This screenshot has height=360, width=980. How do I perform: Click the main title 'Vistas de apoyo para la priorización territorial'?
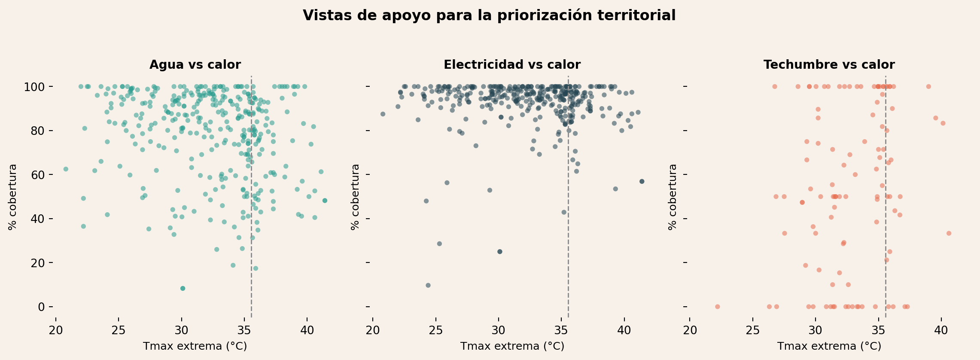tap(489, 15)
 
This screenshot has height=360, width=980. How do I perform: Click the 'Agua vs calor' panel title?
tap(195, 65)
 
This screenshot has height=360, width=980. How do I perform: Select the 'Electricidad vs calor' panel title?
tap(512, 65)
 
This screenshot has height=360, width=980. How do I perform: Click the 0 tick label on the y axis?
tap(41, 307)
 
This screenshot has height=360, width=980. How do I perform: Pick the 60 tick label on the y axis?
tap(38, 175)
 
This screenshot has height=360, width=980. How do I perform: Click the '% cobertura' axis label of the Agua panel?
tap(13, 197)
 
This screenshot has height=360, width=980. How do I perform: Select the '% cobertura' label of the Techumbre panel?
tap(673, 197)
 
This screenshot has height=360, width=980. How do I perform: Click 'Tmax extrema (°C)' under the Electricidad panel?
tap(512, 346)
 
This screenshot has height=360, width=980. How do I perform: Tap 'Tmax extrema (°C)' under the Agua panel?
tap(195, 346)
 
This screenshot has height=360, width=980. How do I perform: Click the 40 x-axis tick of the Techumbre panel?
tap(941, 332)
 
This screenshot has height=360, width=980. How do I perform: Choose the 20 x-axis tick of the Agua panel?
tap(56, 332)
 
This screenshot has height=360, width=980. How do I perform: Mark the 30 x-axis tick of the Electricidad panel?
tap(499, 332)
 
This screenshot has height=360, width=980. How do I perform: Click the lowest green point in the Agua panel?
tap(183, 288)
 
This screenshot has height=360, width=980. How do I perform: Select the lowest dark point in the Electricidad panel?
tap(428, 285)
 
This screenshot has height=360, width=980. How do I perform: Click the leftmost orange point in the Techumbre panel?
tap(717, 307)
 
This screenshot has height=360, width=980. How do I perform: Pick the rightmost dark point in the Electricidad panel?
tap(642, 181)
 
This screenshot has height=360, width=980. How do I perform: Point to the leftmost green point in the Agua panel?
tap(66, 169)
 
